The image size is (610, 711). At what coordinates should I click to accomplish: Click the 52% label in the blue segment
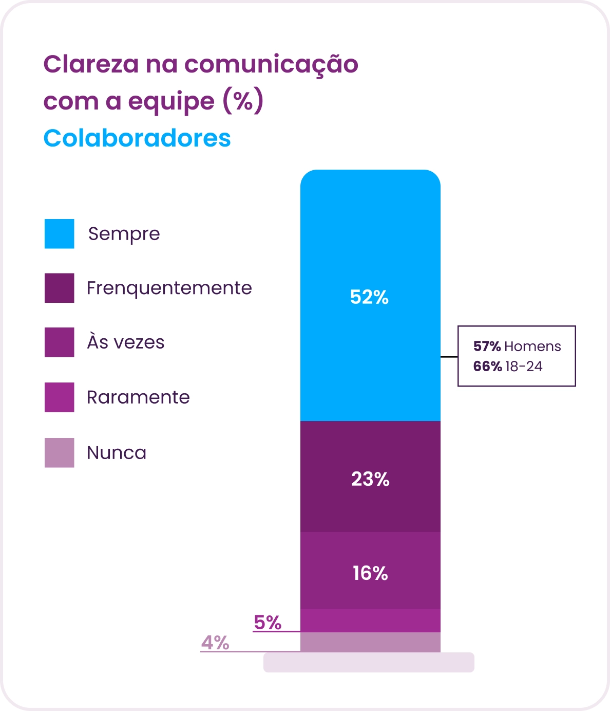(369, 297)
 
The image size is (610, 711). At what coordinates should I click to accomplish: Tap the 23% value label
(370, 479)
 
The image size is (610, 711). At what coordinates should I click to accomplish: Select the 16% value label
(370, 573)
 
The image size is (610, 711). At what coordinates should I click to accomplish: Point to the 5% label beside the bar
(268, 622)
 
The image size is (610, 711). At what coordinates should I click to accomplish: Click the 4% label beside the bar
(215, 643)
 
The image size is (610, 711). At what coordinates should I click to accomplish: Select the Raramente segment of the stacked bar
(370, 621)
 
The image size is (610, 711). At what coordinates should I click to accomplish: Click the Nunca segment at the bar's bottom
(370, 642)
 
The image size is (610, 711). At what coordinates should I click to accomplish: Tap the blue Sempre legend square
(60, 233)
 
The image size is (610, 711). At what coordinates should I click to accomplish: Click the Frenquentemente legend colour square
(60, 288)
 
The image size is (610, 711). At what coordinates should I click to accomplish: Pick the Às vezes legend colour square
(60, 342)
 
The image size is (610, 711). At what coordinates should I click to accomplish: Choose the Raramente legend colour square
(60, 397)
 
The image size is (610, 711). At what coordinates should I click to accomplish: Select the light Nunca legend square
(60, 453)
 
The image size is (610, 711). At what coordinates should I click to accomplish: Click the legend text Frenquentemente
(169, 288)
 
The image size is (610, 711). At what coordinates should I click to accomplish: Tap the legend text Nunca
(117, 453)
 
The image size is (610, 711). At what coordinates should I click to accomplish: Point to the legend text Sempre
(124, 234)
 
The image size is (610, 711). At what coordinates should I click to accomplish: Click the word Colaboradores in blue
(137, 138)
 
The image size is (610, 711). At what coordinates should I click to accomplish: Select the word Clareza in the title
(91, 64)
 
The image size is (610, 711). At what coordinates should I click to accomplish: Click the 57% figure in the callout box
(487, 347)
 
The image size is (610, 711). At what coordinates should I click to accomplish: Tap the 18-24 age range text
(524, 367)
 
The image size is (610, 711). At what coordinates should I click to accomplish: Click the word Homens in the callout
(532, 347)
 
